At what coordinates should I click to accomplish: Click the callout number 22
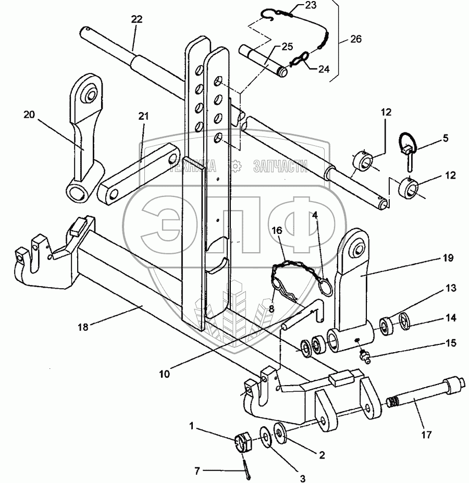point(137,19)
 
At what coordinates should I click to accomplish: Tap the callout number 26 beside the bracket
point(355,39)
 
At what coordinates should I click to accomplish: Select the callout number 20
point(29,115)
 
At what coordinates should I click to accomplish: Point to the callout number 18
point(83,327)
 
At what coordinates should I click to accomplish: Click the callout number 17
point(426,435)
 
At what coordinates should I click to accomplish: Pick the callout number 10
point(165,374)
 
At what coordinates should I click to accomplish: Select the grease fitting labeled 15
point(364,356)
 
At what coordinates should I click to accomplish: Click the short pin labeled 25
point(264,60)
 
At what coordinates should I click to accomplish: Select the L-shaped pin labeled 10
point(303,315)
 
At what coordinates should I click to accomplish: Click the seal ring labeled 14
point(404,320)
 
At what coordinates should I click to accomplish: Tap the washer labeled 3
point(266,436)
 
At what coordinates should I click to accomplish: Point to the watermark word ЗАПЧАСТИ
point(280,166)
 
